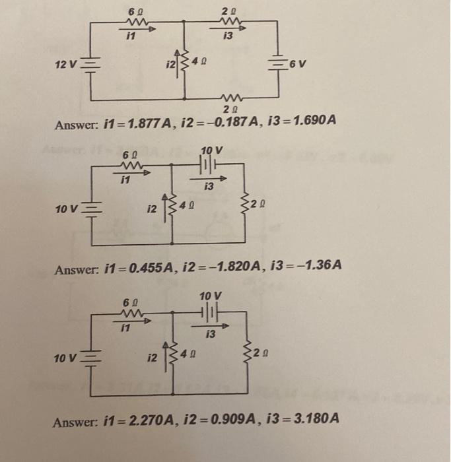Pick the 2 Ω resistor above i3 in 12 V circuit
pos(228,22)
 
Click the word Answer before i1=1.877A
pos(77,124)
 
